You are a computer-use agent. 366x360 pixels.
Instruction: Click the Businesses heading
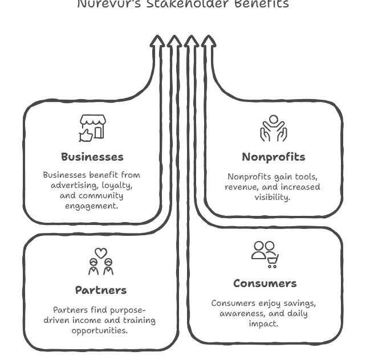[92, 157]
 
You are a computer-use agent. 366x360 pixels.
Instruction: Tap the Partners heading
[100, 290]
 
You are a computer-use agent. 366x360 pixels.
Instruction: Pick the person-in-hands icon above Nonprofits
[273, 129]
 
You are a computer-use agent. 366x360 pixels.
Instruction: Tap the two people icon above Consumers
[262, 251]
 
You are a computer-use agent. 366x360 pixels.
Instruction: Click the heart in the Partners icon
[100, 252]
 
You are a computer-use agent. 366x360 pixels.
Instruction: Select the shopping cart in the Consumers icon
[273, 261]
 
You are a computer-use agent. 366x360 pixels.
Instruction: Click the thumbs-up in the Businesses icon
[86, 135]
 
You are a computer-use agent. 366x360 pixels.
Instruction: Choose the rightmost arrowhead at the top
[209, 42]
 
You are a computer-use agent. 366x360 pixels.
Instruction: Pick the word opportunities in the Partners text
[100, 330]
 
